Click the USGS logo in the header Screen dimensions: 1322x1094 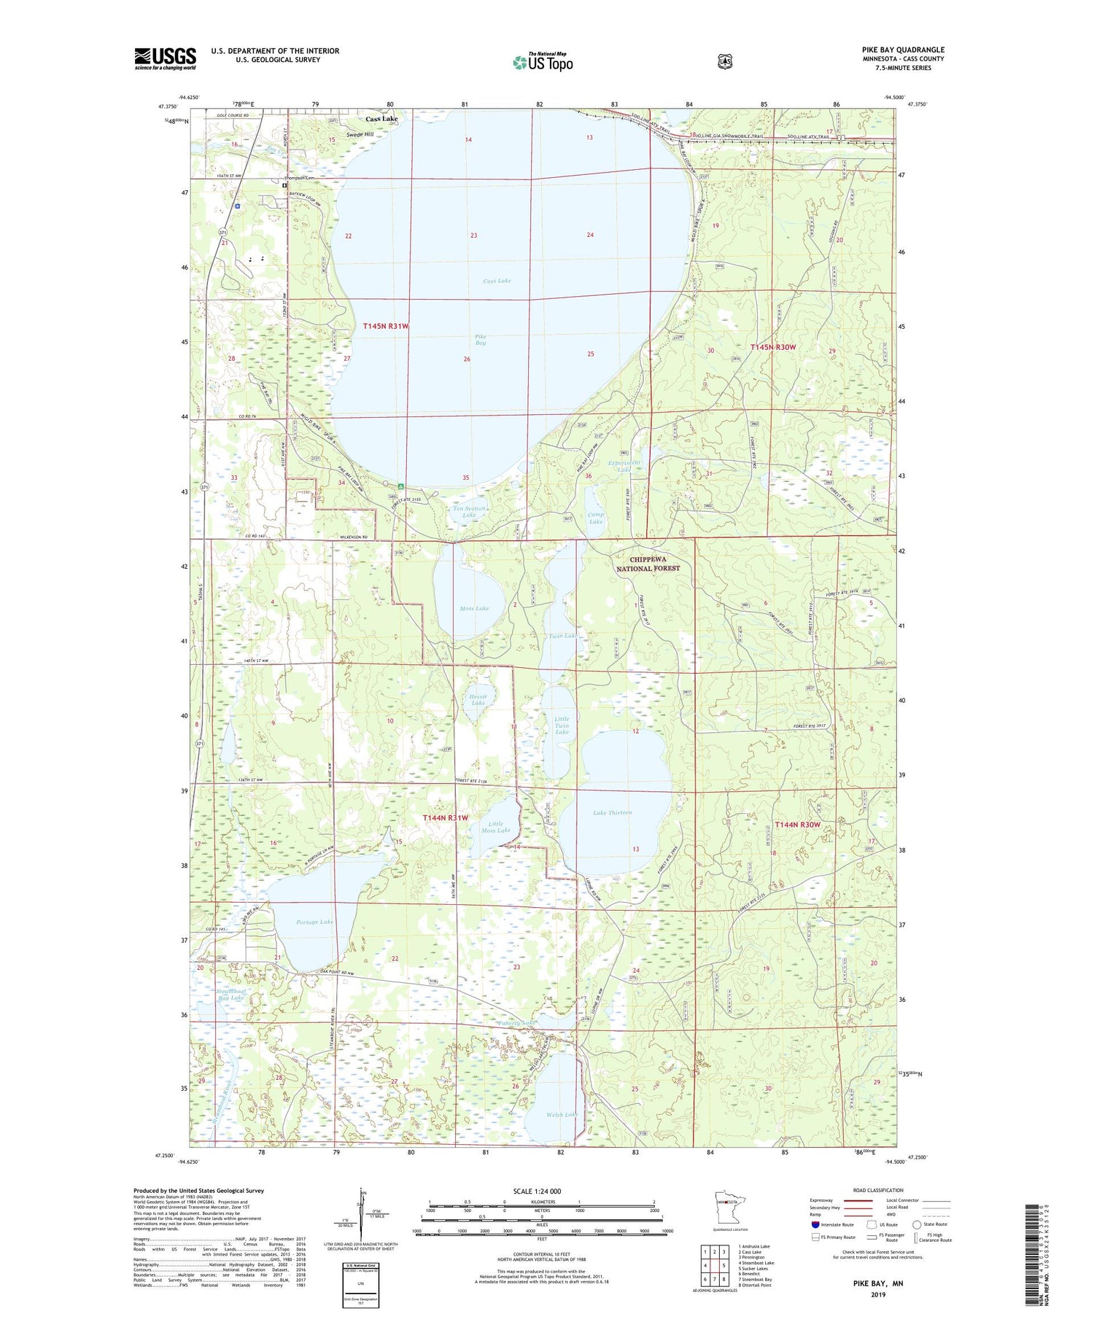coord(165,58)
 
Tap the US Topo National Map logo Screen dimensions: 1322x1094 coord(543,62)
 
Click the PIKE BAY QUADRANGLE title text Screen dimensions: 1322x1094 coord(902,50)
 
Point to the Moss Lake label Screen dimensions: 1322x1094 coord(474,608)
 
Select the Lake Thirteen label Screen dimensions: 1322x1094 coord(612,812)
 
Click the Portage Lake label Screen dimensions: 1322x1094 coord(314,922)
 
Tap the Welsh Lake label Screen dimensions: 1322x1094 coord(562,1115)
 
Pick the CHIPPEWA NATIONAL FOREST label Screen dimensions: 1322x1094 coord(648,564)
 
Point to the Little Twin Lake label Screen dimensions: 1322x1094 coord(562,725)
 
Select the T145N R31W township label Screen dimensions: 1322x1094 coord(385,326)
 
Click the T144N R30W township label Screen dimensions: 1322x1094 coord(797,825)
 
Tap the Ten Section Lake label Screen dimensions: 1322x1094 coord(469,512)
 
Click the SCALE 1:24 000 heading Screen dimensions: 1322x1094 coord(537,1191)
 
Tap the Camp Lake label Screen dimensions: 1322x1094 coord(596,518)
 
